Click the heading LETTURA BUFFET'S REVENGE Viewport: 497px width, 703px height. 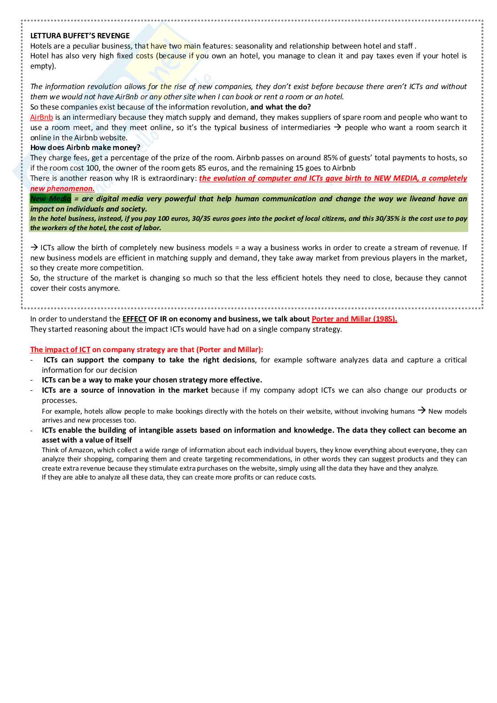[x=80, y=36]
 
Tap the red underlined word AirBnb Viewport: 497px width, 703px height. [x=41, y=117]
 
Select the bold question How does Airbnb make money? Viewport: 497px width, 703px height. [x=85, y=147]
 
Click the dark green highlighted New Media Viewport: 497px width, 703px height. [x=50, y=199]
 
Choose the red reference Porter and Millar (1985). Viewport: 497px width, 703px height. [x=354, y=319]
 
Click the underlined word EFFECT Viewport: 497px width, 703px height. [x=134, y=319]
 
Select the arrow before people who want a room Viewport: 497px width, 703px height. [x=338, y=127]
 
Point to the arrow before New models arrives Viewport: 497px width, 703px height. [x=421, y=411]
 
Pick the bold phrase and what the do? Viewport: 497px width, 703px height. [x=281, y=107]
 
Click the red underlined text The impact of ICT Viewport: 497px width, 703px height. [x=60, y=349]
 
